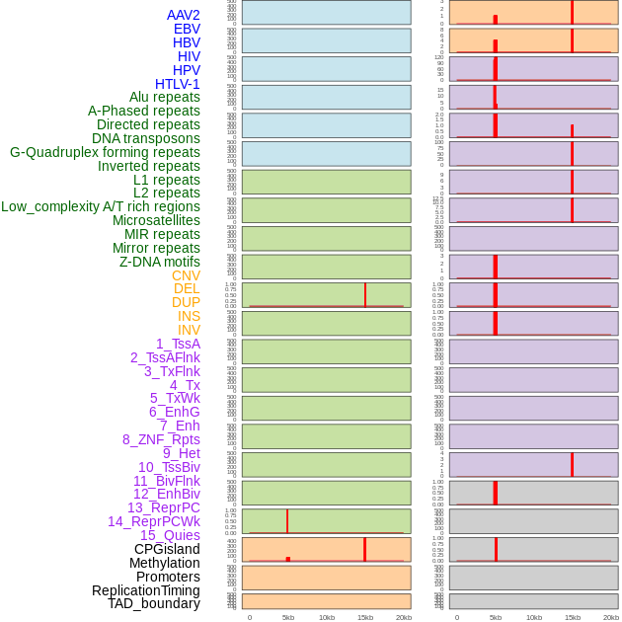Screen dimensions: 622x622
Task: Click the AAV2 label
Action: coord(183,15)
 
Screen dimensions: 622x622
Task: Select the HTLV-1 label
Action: coord(177,84)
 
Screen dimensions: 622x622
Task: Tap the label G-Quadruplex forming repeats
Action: coord(105,153)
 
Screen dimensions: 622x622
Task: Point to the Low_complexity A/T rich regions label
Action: coord(100,206)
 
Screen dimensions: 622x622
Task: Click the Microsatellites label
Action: coord(156,220)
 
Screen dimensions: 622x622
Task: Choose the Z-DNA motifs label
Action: coord(159,262)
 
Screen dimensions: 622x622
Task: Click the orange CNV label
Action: coord(186,275)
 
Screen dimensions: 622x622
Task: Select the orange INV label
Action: coord(189,330)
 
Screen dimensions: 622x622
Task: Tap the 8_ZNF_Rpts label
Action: coord(161,439)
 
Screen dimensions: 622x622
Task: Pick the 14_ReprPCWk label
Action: coord(153,521)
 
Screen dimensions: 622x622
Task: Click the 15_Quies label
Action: coord(170,535)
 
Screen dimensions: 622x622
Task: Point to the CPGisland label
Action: coord(167,549)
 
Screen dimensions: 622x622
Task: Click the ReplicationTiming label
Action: coord(145,590)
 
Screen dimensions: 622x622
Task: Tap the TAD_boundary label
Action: coord(153,603)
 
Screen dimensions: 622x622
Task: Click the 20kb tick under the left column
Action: coord(403,617)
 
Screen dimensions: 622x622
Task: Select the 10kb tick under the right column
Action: coord(534,617)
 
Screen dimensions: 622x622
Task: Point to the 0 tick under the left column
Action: coord(249,617)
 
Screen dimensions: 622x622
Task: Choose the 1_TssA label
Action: coord(178,344)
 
